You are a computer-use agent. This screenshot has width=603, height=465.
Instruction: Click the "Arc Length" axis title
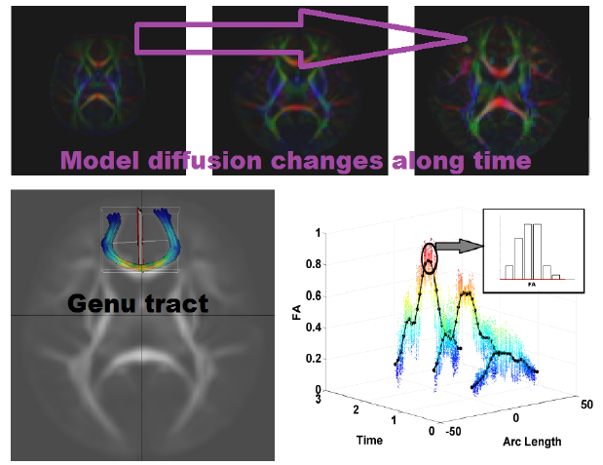pos(531,441)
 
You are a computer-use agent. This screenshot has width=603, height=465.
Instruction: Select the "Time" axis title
pos(369,441)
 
